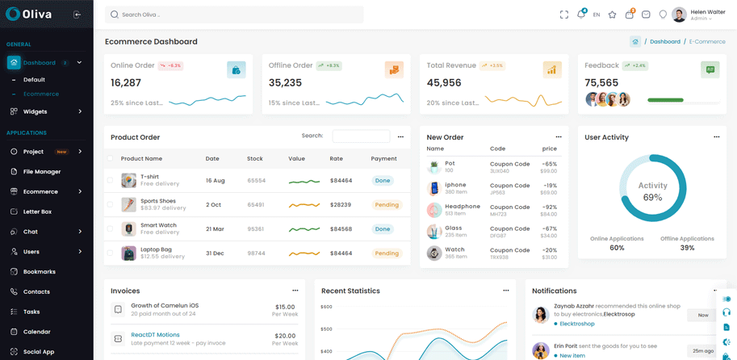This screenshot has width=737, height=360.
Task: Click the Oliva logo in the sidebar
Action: pos(30,15)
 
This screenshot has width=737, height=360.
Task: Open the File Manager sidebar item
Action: pos(41,172)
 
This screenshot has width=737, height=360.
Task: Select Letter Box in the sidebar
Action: pos(37,211)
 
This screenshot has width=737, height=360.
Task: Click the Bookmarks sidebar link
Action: pos(39,272)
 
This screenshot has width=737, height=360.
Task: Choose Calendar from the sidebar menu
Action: pos(36,332)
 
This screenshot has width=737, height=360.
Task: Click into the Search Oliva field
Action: pos(234,15)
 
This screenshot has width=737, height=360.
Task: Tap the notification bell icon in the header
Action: pos(580,15)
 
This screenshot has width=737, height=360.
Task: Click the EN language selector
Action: pos(597,15)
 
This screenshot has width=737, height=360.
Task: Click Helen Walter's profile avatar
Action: pos(679,15)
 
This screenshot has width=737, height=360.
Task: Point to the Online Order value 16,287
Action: pos(126,82)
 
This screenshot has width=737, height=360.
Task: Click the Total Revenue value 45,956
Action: pos(444,82)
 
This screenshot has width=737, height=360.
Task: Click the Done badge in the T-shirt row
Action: pos(383,181)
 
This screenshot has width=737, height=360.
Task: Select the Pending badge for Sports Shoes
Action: pos(387,205)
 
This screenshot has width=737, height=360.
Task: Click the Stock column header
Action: pos(255,159)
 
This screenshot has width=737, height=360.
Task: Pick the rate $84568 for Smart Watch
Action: pos(341,229)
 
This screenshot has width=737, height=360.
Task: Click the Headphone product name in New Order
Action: pos(463,207)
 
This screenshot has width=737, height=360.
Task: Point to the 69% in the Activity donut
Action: pos(652,198)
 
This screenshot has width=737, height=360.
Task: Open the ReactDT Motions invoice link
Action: pos(156,334)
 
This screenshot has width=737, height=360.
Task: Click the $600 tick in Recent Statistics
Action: pos(327,307)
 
